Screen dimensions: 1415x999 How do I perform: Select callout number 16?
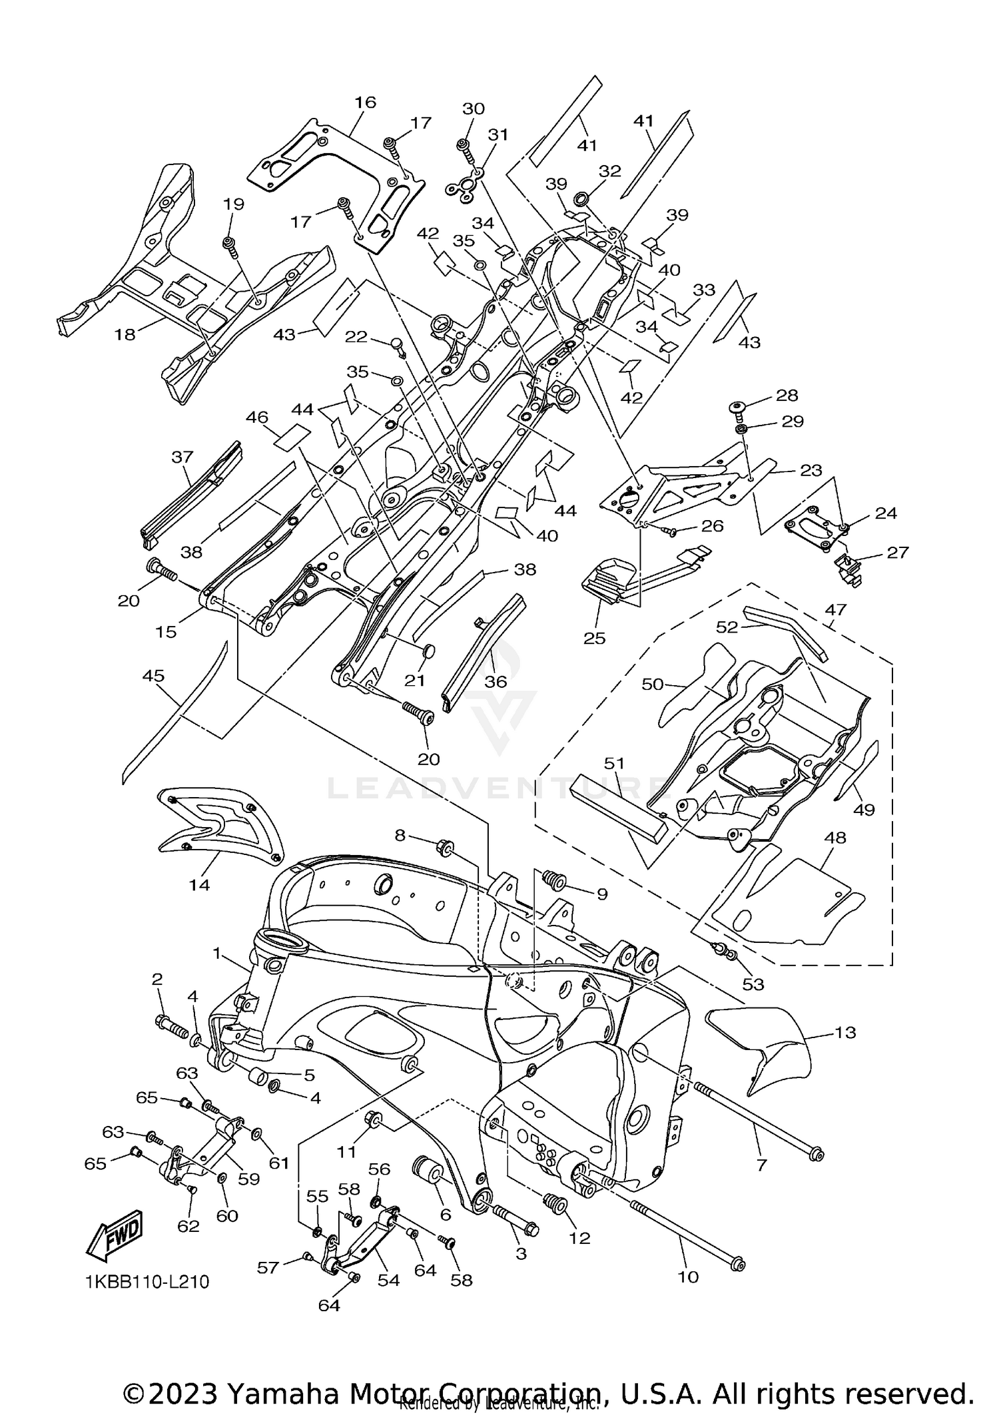365,102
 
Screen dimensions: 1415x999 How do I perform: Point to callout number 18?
125,334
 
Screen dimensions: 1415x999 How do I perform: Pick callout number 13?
845,1032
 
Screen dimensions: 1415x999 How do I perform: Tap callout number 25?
594,637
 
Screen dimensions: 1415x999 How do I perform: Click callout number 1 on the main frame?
216,954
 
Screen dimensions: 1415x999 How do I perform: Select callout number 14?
199,884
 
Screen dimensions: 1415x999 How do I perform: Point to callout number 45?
153,676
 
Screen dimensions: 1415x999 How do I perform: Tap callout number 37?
182,457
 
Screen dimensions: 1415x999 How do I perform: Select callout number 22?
356,337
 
